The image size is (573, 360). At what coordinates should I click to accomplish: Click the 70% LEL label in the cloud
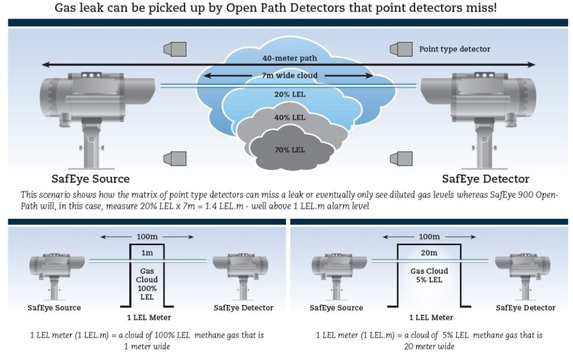(x=289, y=150)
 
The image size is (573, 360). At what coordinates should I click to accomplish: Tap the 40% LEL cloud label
(x=289, y=118)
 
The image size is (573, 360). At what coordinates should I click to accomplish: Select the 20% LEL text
(x=289, y=94)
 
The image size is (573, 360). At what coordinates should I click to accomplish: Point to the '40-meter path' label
(x=289, y=58)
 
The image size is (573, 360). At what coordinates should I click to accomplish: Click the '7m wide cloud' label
(x=289, y=75)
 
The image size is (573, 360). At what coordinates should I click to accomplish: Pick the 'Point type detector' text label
(x=454, y=49)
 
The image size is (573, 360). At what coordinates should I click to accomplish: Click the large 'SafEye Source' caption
(x=90, y=179)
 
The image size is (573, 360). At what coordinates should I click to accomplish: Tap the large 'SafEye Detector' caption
(x=485, y=179)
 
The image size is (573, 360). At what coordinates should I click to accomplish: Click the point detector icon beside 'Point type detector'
(x=401, y=49)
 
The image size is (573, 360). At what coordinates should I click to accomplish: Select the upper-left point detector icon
(x=175, y=49)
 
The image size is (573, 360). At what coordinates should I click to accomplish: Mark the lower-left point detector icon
(x=175, y=158)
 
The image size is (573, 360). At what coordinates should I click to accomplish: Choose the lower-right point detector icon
(x=401, y=158)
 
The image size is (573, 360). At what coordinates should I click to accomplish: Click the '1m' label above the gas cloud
(x=147, y=253)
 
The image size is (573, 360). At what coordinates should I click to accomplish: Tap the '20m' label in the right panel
(x=429, y=253)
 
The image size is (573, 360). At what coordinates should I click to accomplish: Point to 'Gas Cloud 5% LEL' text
(x=429, y=275)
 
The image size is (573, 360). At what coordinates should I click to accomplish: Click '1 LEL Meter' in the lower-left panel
(x=149, y=317)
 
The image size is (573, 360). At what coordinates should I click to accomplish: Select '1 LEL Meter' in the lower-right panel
(x=431, y=317)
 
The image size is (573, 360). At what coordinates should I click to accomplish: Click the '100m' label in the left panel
(x=147, y=236)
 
